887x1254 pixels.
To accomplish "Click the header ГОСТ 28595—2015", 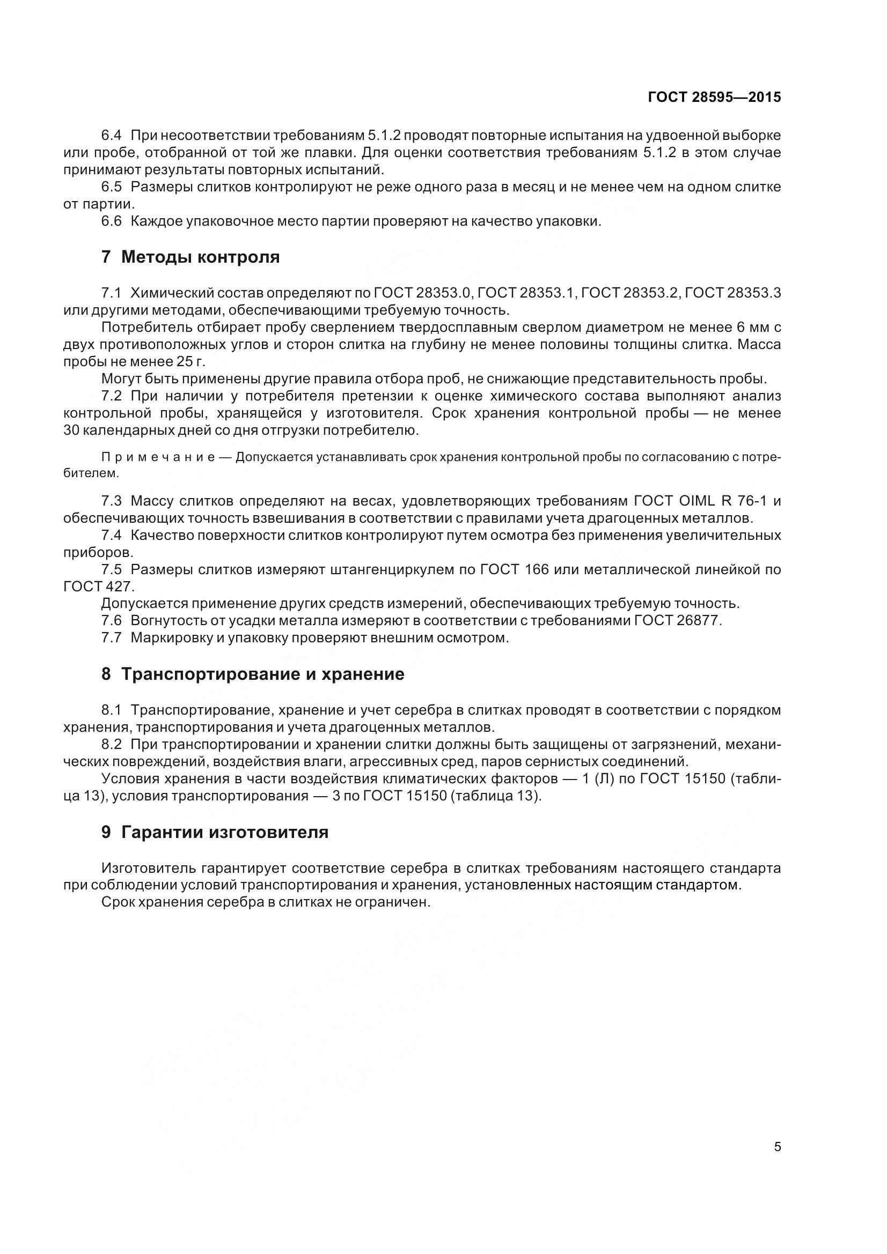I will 714,97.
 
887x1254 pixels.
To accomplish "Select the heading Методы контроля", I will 200,257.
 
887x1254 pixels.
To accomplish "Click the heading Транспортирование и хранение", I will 262,674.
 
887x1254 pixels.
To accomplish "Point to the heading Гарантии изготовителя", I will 225,832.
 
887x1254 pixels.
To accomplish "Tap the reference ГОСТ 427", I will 98,587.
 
